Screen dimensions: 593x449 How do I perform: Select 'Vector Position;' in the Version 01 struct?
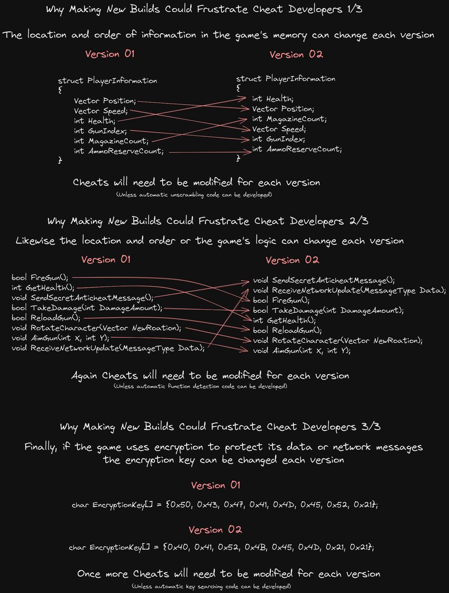coord(105,101)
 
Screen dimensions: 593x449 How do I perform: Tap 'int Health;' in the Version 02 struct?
coord(273,99)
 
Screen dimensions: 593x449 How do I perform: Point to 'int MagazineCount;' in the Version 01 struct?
coord(111,141)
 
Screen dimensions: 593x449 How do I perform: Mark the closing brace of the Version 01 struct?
coord(60,160)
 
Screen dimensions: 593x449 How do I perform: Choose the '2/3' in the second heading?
coord(359,221)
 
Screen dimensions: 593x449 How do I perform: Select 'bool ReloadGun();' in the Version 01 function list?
coord(46,318)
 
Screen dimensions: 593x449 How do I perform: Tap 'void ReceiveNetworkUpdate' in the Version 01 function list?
coord(65,348)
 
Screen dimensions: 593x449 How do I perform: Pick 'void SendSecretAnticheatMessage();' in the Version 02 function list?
coord(324,280)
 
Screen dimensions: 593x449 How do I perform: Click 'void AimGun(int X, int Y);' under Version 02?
coord(301,351)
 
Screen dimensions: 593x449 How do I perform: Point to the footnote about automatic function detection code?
coord(200,386)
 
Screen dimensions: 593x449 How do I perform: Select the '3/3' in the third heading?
coord(371,426)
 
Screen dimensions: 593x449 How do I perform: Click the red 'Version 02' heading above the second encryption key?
coord(215,530)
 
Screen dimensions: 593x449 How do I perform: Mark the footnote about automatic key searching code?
coord(211,586)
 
